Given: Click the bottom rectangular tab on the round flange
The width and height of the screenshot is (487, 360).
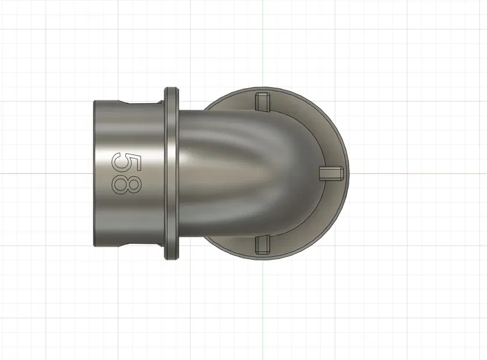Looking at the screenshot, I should pyautogui.click(x=262, y=245).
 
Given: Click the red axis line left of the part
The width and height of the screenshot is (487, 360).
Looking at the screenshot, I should pyautogui.click(x=46, y=173).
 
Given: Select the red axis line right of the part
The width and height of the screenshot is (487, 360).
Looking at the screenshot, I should pyautogui.click(x=415, y=173).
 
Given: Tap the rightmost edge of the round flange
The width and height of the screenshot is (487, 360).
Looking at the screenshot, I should pyautogui.click(x=348, y=173).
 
